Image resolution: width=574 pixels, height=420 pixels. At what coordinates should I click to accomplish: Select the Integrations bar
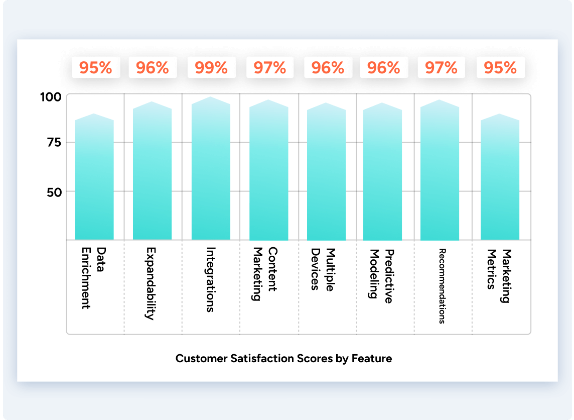tap(211, 171)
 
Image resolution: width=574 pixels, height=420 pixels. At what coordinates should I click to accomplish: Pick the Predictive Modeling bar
tap(382, 173)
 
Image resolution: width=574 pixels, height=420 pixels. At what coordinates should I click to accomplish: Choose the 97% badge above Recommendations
tap(441, 68)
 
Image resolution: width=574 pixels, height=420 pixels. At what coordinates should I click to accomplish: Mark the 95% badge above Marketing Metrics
tap(500, 68)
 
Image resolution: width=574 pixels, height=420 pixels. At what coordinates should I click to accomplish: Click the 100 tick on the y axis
tap(51, 96)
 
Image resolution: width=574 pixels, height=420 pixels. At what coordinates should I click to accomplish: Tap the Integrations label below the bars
tap(211, 279)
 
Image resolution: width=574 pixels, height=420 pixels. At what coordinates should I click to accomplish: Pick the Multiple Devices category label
tap(323, 269)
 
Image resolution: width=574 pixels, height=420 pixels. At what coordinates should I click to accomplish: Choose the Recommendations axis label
tap(442, 286)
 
